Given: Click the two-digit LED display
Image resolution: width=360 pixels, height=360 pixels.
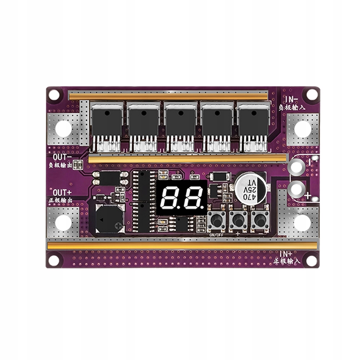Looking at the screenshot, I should point(182,198).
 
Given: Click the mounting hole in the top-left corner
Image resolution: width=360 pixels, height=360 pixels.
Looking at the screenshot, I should point(54,95).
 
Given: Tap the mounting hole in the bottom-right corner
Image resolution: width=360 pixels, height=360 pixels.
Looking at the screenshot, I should point(312,260).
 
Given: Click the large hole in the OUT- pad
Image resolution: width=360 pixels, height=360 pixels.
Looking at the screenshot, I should point(64,128).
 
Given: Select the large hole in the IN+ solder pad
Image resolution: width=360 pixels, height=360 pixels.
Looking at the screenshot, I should point(302,223).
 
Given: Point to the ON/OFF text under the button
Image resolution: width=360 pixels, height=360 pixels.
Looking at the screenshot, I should point(216,235).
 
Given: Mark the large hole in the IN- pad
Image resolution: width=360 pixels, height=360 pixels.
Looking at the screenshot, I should point(302,128).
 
